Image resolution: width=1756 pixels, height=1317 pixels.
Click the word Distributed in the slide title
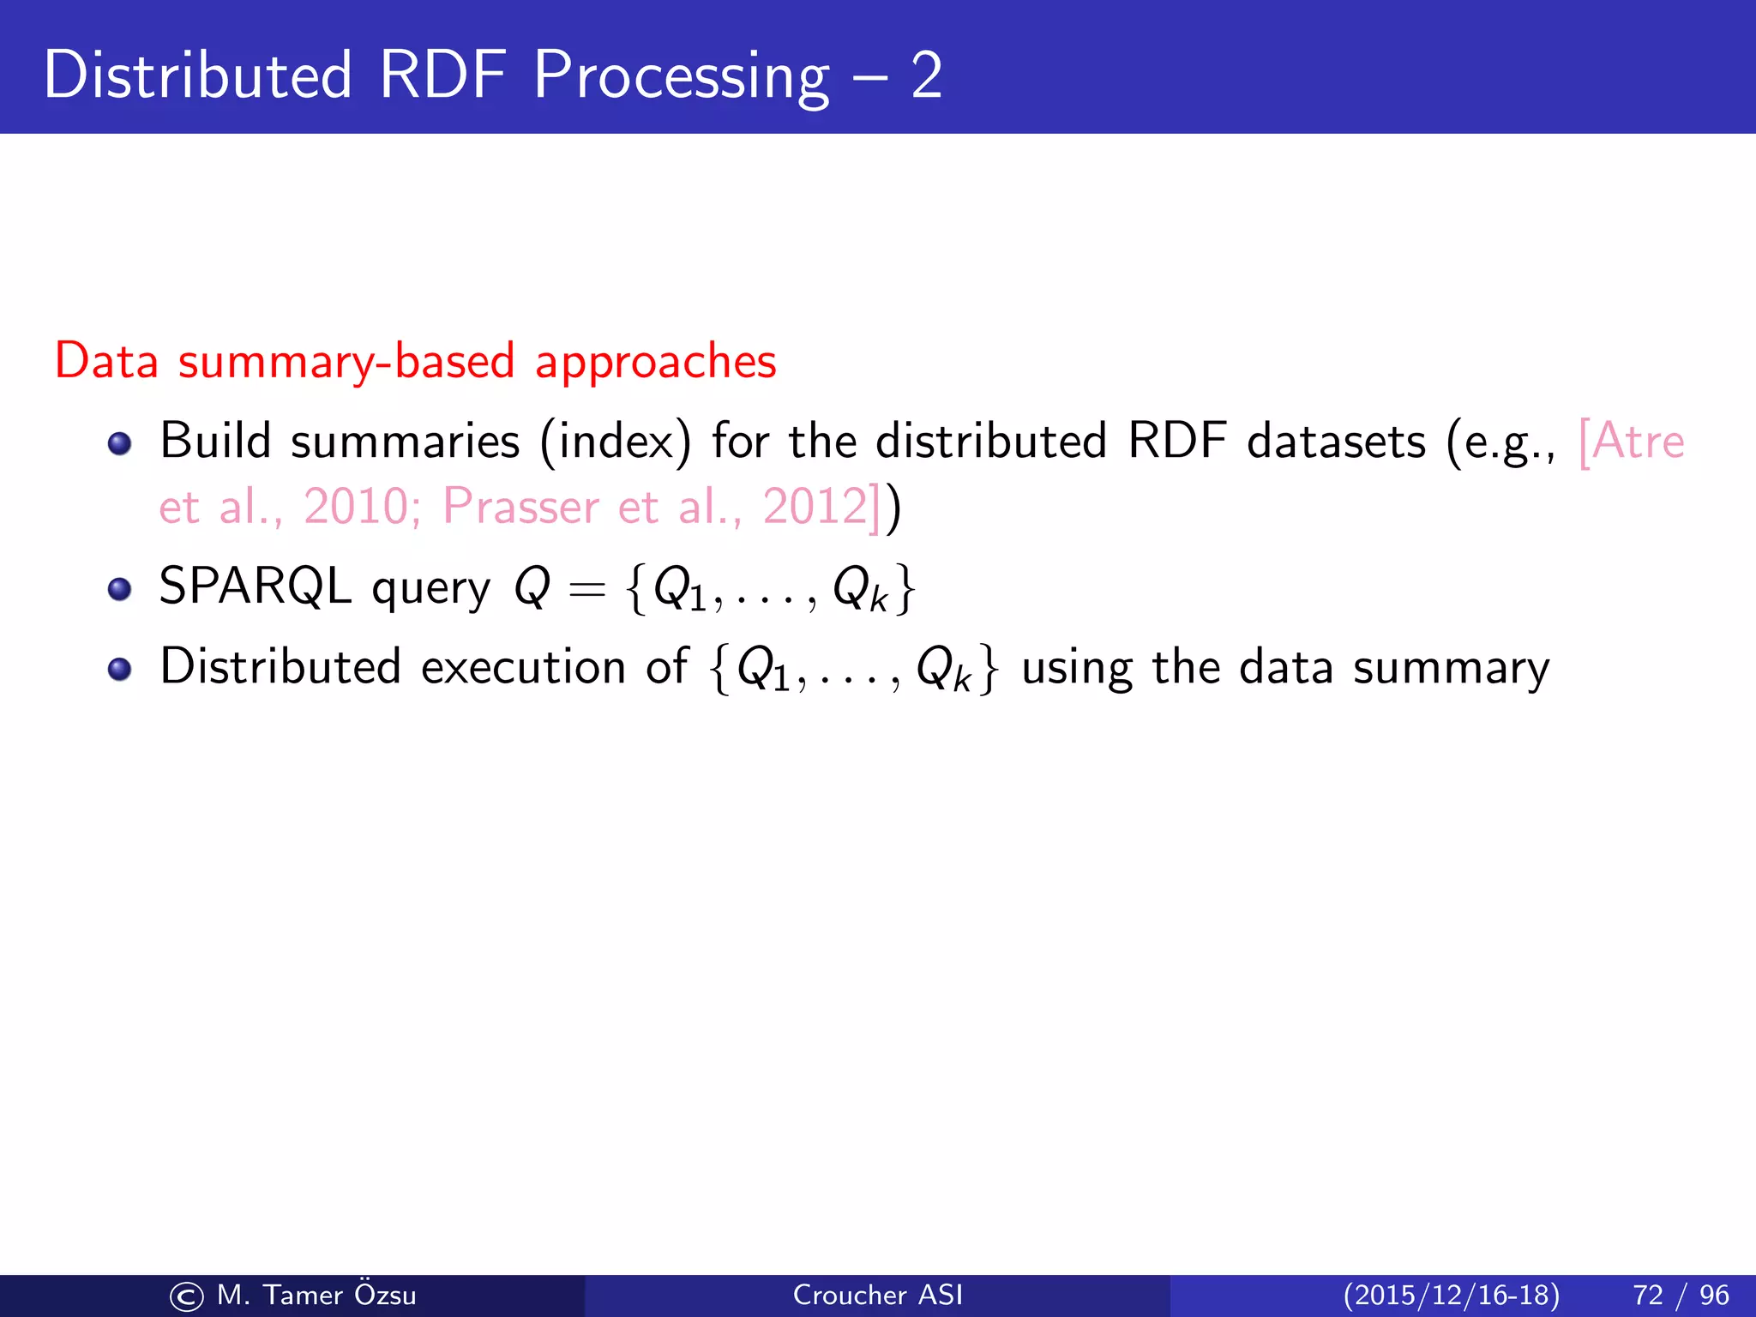point(197,75)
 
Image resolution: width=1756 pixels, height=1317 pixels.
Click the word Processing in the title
point(681,77)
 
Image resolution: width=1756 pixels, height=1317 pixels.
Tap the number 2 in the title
point(926,75)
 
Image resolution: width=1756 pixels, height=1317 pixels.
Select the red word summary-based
point(346,361)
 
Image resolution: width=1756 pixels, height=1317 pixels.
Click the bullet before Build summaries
point(119,443)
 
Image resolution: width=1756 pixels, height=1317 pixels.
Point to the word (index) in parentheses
point(615,442)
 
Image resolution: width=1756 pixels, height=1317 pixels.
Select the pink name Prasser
point(520,506)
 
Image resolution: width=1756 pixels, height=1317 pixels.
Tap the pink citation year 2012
point(815,506)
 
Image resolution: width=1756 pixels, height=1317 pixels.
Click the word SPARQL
point(255,586)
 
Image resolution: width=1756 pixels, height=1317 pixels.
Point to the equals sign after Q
point(586,590)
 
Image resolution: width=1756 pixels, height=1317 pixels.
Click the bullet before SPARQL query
point(119,590)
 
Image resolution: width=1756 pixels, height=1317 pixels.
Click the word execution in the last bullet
point(523,667)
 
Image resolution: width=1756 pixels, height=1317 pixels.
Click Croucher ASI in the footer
point(877,1295)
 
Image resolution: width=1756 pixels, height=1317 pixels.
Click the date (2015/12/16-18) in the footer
point(1451,1295)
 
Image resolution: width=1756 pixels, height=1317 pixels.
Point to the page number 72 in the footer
point(1648,1295)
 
